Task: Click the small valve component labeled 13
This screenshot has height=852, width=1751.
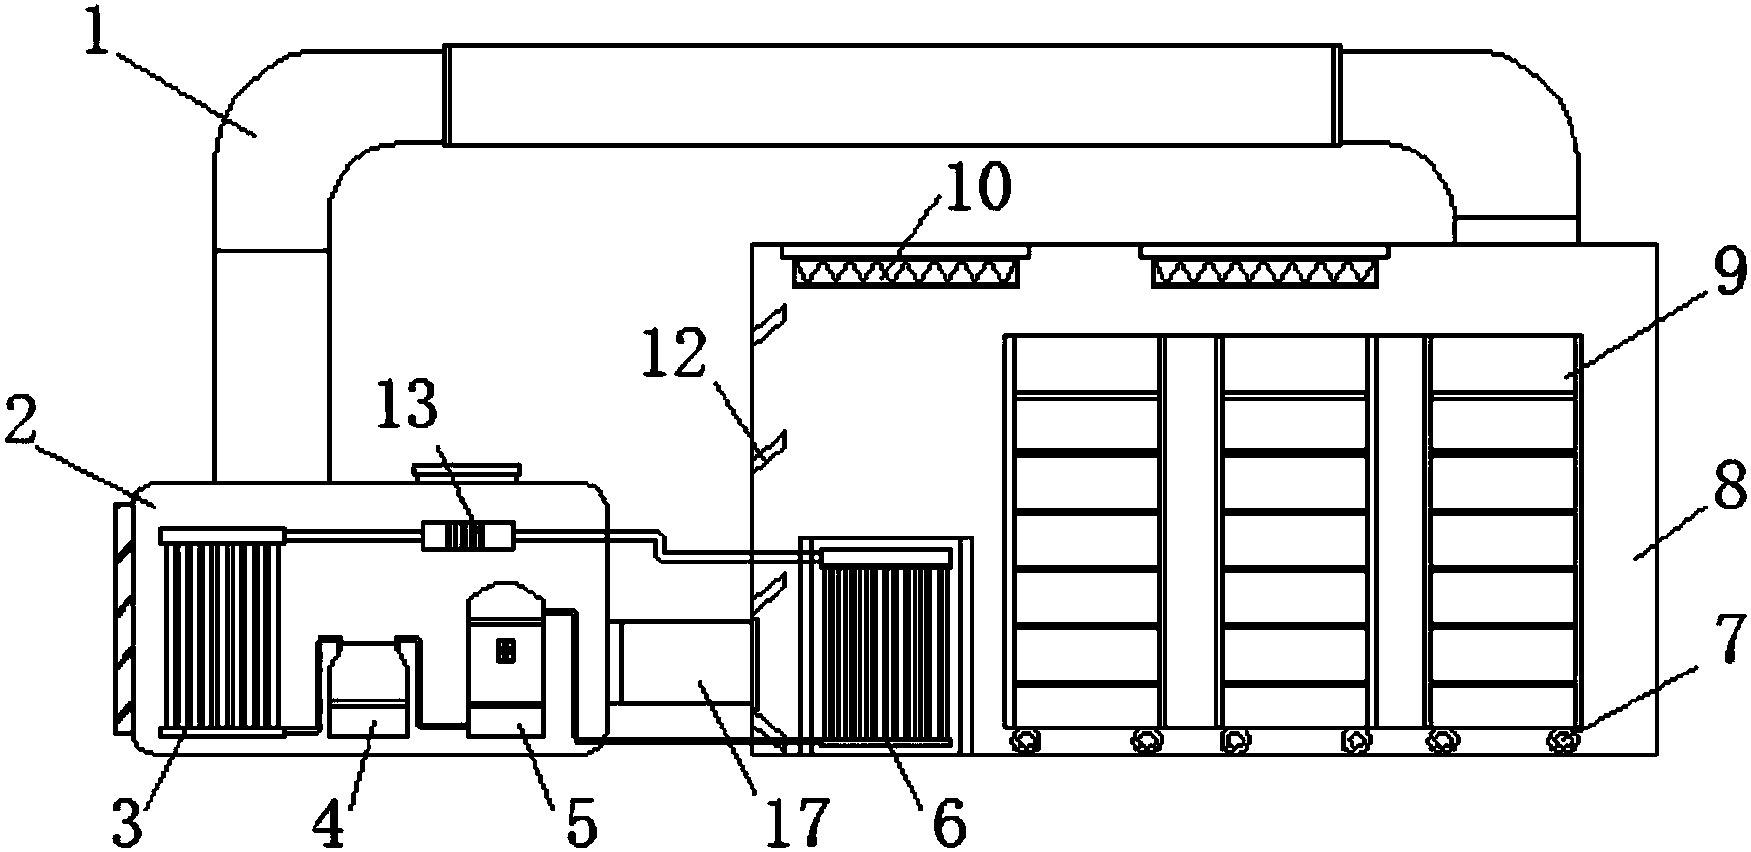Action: (x=469, y=535)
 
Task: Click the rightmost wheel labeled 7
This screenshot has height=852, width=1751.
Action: (x=1562, y=741)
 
